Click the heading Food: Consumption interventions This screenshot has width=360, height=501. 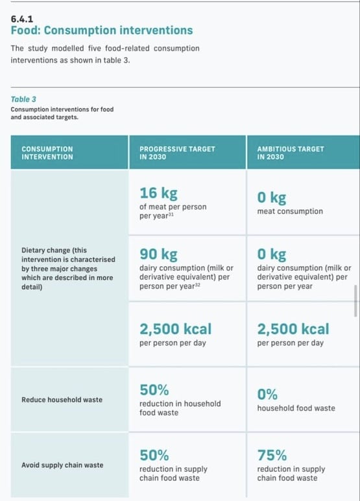tap(102, 30)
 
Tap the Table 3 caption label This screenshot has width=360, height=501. tap(23, 99)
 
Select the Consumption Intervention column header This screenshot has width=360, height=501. tap(47, 152)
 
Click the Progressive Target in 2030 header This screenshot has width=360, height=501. tap(177, 152)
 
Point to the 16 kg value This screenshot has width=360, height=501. tap(158, 193)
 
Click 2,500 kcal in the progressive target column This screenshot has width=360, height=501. tap(175, 329)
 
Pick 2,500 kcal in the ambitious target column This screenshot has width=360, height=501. tap(293, 329)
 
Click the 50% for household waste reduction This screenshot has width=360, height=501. tap(154, 390)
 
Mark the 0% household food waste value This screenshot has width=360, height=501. tap(267, 394)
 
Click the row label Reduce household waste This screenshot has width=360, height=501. tap(62, 399)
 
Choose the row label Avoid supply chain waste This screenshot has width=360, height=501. tap(63, 465)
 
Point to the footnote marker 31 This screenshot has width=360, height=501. tap(171, 215)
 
